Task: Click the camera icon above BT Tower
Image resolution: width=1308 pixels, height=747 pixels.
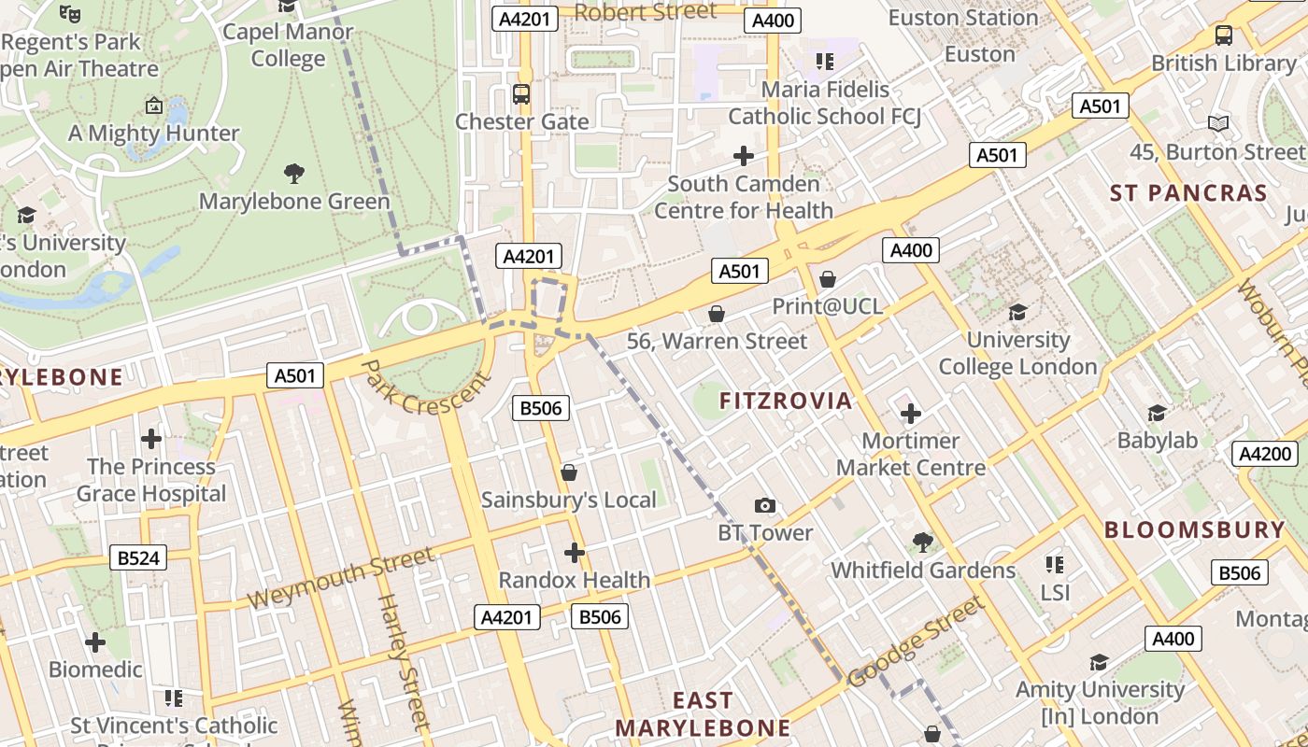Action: (x=765, y=506)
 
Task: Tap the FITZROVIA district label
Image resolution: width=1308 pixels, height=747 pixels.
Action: (x=786, y=402)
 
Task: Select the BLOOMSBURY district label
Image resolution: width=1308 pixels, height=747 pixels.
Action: (x=1195, y=529)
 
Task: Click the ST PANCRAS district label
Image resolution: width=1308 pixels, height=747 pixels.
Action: (x=1188, y=193)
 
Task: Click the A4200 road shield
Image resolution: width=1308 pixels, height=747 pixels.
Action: (x=1265, y=454)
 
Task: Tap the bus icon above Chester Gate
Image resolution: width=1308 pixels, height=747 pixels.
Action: (x=521, y=94)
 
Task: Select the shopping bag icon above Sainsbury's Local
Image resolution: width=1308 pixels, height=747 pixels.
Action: (x=568, y=472)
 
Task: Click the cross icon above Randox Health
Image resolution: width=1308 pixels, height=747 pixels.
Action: (x=575, y=553)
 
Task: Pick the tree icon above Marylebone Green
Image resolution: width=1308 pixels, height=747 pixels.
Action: (x=294, y=173)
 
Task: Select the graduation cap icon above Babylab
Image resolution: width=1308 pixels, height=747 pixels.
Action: (x=1157, y=413)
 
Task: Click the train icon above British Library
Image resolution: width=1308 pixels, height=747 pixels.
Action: (x=1223, y=35)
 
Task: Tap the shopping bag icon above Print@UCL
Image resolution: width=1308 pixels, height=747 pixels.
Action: (x=827, y=278)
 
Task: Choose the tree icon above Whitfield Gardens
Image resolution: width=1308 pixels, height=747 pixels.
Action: (x=923, y=542)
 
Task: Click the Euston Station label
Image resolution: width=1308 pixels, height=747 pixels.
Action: (x=962, y=18)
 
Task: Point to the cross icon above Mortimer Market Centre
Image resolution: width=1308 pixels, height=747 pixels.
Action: (x=911, y=413)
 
